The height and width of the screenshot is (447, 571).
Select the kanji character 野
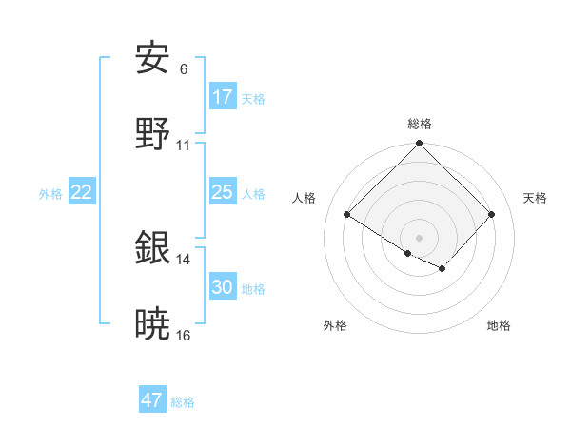tap(152, 134)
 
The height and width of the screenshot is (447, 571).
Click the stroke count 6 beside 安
tap(184, 69)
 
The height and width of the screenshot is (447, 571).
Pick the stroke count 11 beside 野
tap(184, 146)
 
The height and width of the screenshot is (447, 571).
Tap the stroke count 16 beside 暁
tap(184, 336)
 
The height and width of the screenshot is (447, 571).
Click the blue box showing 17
tap(223, 97)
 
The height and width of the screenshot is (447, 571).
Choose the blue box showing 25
tap(223, 192)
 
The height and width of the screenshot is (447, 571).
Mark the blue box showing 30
tap(223, 287)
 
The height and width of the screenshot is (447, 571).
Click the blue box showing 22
tap(82, 192)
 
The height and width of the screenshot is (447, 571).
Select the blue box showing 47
tap(152, 400)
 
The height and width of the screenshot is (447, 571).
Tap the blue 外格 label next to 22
tap(50, 193)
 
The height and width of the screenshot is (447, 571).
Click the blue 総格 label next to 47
tap(183, 401)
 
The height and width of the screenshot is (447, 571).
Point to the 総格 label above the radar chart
tap(420, 124)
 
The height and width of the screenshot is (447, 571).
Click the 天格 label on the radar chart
tap(535, 198)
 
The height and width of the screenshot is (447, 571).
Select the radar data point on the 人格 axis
tap(347, 215)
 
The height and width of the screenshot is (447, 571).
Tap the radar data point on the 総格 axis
tap(420, 145)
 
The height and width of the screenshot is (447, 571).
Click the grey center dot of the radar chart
tap(420, 237)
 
